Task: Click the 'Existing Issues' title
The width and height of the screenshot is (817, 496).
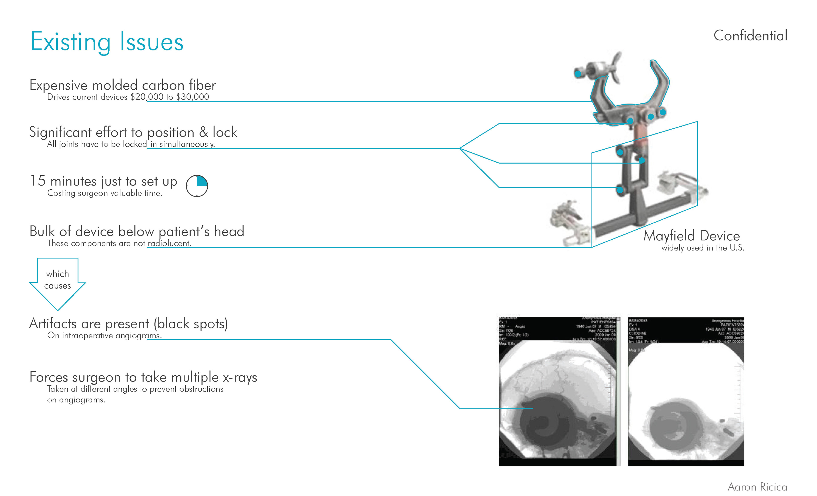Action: click(x=107, y=42)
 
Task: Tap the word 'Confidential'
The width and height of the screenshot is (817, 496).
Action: click(x=750, y=36)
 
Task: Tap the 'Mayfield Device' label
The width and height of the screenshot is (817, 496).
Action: click(x=691, y=236)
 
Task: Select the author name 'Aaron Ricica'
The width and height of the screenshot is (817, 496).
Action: click(x=757, y=487)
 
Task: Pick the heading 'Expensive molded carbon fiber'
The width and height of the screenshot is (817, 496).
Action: click(x=123, y=85)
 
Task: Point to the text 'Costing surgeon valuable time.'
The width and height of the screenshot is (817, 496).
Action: click(x=105, y=193)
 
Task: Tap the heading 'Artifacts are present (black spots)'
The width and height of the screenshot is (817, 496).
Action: click(x=128, y=324)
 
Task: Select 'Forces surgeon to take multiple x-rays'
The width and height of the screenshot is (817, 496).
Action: click(x=143, y=377)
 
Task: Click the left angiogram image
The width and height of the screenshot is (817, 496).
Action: click(x=559, y=391)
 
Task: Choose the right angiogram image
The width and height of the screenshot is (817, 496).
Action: click(x=686, y=391)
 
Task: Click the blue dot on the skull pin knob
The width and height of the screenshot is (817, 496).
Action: click(x=578, y=74)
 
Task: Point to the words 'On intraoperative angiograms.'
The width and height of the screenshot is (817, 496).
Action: click(x=104, y=336)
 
